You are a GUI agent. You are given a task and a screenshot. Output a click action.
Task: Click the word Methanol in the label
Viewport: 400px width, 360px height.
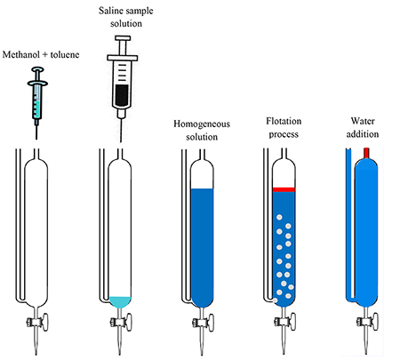pos(22,55)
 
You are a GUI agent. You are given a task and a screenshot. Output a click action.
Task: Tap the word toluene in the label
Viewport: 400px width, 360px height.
pos(65,55)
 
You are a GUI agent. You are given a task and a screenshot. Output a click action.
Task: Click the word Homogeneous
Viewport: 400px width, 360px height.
pos(202,124)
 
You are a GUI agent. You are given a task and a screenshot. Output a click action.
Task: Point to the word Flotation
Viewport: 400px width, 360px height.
pos(284,121)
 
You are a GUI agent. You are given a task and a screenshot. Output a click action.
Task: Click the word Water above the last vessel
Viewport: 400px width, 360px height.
pos(363,121)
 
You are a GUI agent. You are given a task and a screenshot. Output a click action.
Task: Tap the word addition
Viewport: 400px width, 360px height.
pos(363,134)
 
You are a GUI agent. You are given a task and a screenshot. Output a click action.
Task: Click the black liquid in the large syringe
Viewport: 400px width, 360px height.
pos(122,95)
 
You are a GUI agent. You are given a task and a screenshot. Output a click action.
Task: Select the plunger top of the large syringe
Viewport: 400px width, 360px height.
pos(123,38)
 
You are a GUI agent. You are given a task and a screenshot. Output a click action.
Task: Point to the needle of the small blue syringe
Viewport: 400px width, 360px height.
pos(36,132)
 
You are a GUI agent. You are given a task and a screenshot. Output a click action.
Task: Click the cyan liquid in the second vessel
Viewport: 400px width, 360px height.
pos(120,301)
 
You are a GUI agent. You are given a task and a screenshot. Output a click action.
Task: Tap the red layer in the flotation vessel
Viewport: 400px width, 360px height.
pos(284,189)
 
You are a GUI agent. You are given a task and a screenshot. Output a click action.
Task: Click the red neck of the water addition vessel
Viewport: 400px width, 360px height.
pos(366,153)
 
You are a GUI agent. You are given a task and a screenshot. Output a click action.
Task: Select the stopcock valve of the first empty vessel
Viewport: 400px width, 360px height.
pos(37,322)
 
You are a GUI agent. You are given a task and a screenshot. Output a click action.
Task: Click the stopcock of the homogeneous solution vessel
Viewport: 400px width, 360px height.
pos(204,322)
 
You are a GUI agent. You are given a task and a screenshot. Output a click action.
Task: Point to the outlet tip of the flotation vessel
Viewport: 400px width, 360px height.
pos(284,352)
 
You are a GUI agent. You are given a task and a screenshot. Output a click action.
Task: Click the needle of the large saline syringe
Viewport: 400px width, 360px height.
pos(121,131)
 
